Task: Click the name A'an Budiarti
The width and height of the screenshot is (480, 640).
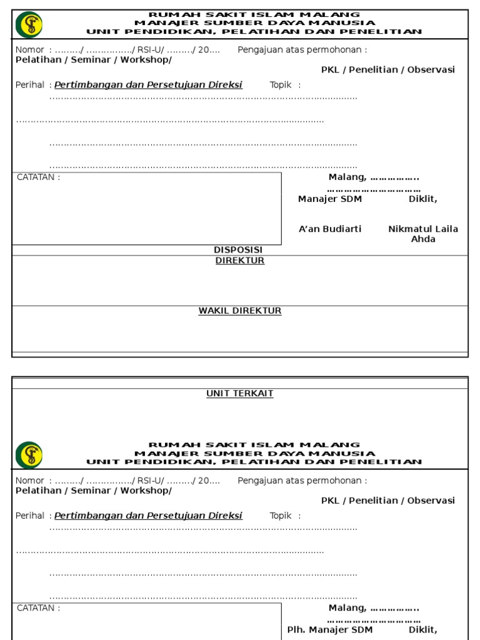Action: (x=330, y=229)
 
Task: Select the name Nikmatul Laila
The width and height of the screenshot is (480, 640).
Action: (x=423, y=229)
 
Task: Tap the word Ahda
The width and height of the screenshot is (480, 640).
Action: (x=423, y=239)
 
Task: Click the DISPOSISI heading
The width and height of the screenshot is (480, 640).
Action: (x=238, y=250)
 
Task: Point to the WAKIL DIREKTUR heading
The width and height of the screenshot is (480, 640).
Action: (x=240, y=311)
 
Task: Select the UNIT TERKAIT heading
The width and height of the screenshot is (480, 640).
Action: (x=240, y=394)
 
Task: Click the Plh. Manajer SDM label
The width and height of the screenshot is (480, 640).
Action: (x=330, y=629)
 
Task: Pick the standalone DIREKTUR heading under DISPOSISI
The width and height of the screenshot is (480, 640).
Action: (x=240, y=261)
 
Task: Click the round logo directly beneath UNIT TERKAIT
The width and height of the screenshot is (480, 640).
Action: (x=29, y=454)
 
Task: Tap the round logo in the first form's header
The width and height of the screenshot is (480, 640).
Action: (x=29, y=24)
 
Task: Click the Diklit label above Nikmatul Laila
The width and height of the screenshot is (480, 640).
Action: (x=423, y=199)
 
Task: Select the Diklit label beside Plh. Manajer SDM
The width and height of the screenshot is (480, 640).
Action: (x=423, y=629)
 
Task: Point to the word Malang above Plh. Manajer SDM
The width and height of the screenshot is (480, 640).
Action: (x=347, y=608)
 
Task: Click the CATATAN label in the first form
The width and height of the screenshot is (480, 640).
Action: (x=39, y=177)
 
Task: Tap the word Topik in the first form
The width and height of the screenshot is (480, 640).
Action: (x=281, y=85)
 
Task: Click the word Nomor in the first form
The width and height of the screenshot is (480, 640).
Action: (x=29, y=50)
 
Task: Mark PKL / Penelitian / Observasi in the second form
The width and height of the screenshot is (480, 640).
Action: (x=388, y=501)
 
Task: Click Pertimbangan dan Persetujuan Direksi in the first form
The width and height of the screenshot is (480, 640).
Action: (x=148, y=85)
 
